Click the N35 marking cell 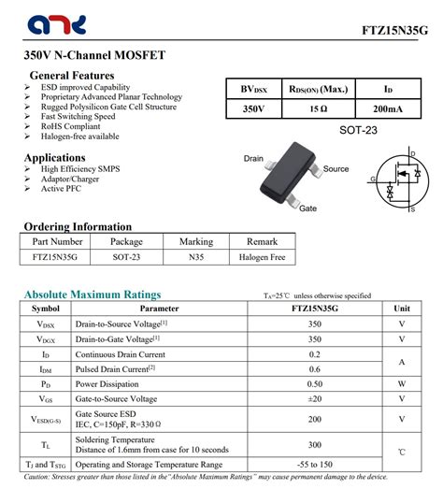pos(196,256)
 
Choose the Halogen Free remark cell pos(261,256)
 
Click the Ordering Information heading pos(78,226)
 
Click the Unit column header pos(402,308)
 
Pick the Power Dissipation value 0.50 pos(314,384)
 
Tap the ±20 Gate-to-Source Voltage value pos(314,399)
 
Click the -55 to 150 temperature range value pos(314,464)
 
